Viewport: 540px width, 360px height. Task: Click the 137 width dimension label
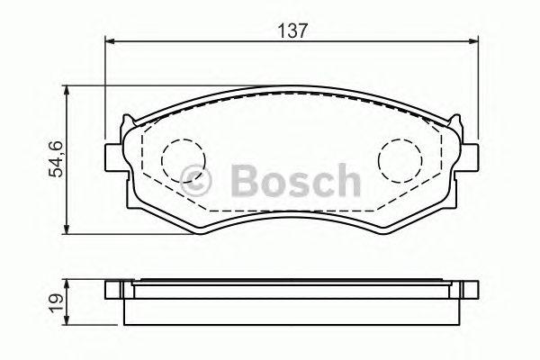coord(292,31)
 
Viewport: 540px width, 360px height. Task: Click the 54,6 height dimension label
coord(56,159)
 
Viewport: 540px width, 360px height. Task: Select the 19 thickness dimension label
coord(57,302)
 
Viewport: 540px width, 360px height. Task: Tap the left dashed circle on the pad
coord(183,160)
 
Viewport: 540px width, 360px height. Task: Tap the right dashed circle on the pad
coord(400,160)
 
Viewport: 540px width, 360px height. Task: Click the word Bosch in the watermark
coord(295,180)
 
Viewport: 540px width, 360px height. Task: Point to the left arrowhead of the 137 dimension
coord(109,41)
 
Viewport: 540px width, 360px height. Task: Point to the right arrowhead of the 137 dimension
coord(474,41)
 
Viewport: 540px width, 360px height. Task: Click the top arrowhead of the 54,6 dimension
coord(67,91)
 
